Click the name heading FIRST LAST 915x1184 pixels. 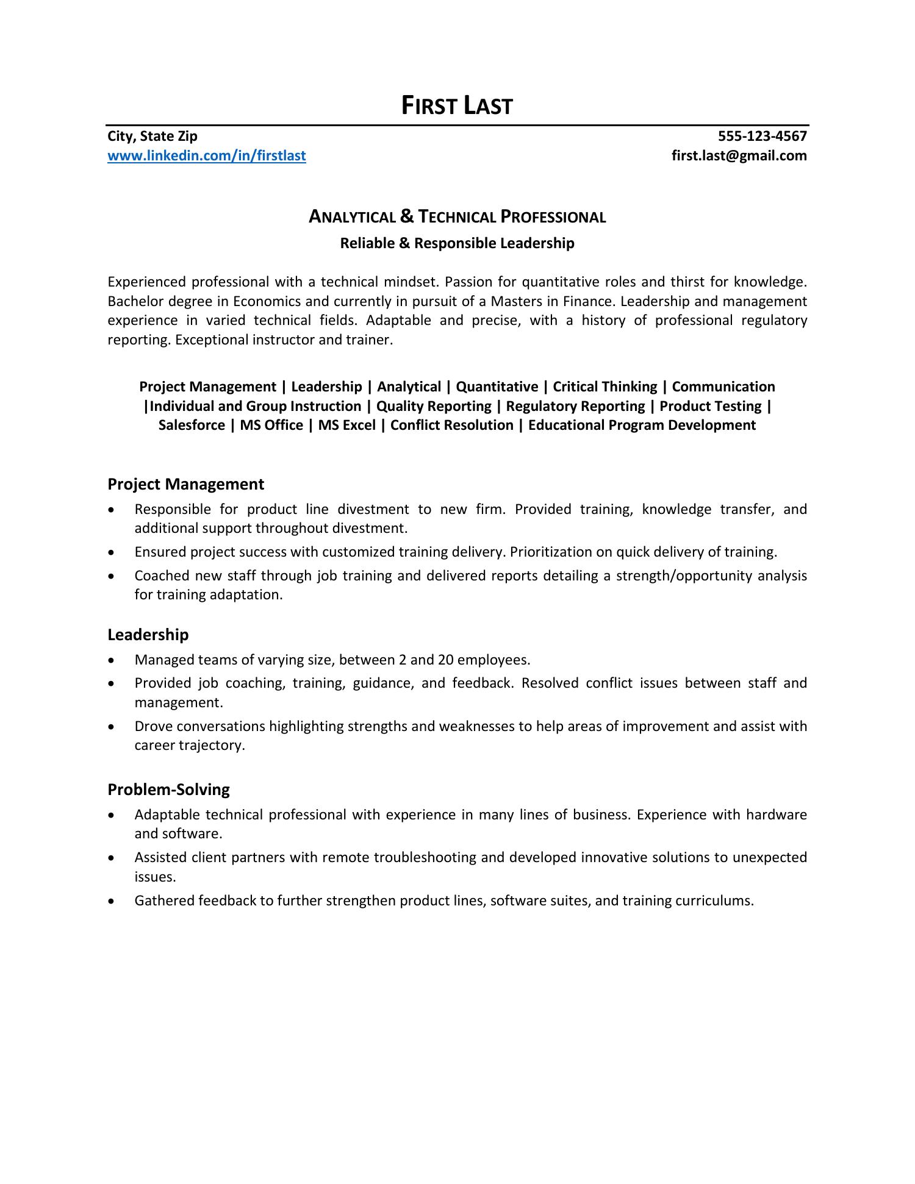pos(457,106)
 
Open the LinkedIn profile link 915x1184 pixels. pos(207,156)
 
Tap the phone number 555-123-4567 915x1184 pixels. pos(762,136)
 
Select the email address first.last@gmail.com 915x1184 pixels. pos(739,156)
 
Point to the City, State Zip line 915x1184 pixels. pos(152,136)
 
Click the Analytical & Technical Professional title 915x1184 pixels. pos(457,217)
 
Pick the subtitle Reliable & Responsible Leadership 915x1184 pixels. pos(457,243)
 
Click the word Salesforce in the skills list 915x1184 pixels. pos(192,425)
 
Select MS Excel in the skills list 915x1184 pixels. pos(346,425)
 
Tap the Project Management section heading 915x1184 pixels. pos(185,484)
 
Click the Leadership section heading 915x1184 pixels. pos(148,635)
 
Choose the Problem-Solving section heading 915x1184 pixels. pos(168,790)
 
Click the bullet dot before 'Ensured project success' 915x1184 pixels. pos(110,552)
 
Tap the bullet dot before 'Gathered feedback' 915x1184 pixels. pos(110,901)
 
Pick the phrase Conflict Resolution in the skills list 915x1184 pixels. pos(451,425)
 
